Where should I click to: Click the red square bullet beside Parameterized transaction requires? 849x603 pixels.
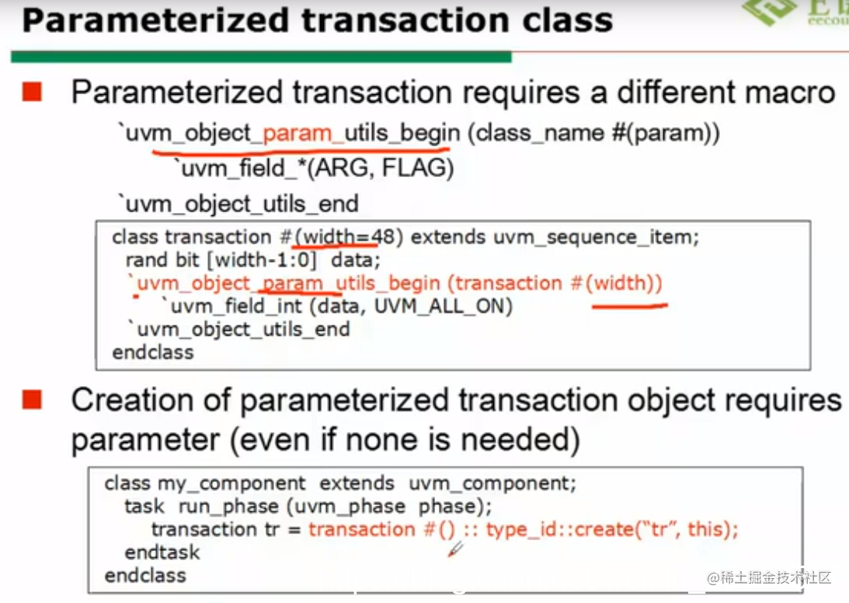coord(32,92)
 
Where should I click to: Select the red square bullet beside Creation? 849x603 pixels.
coord(32,401)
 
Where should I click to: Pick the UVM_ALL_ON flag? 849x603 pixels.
coord(444,307)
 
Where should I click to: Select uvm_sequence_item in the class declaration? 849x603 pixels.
coord(596,237)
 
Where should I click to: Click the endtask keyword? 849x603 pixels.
coord(162,552)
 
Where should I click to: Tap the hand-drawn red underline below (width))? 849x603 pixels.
coord(629,306)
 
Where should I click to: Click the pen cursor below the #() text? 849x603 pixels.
coord(456,549)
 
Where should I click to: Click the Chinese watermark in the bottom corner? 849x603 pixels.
coord(769,577)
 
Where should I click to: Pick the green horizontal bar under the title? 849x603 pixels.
coord(261,57)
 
